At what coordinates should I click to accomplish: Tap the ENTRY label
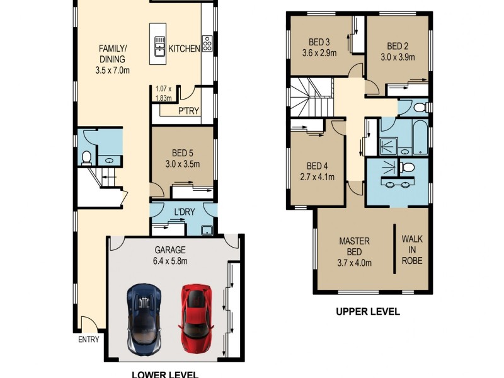(88, 339)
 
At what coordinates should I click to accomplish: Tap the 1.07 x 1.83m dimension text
(164, 94)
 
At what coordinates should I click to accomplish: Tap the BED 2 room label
(398, 51)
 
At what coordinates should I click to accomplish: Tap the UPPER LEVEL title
(367, 311)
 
